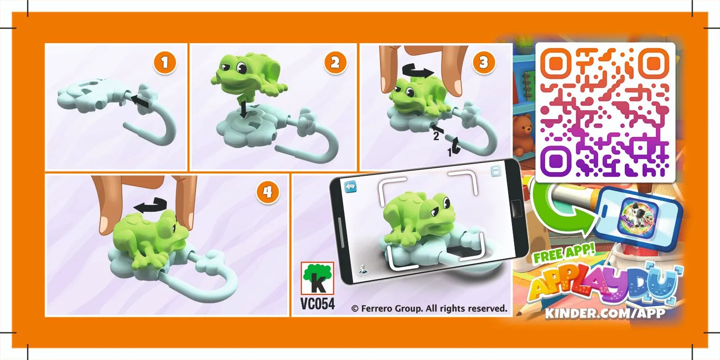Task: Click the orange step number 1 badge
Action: pyautogui.click(x=165, y=63)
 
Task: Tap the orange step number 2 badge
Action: pyautogui.click(x=335, y=63)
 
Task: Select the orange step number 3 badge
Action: pyautogui.click(x=483, y=63)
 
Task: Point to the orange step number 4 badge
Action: pyautogui.click(x=268, y=192)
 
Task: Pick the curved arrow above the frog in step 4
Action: pyautogui.click(x=150, y=206)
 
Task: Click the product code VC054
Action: pyautogui.click(x=317, y=303)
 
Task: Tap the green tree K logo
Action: pyautogui.click(x=317, y=278)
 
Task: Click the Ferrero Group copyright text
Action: pyautogui.click(x=429, y=308)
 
